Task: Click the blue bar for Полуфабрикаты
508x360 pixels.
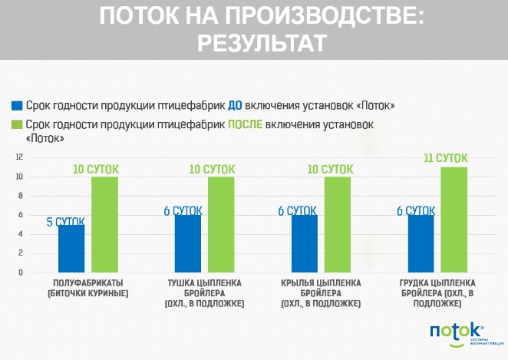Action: [x=71, y=248]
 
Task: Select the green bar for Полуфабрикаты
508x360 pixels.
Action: [x=104, y=224]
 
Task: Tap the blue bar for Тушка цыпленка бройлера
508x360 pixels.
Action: [x=187, y=243]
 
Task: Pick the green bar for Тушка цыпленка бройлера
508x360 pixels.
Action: [x=222, y=224]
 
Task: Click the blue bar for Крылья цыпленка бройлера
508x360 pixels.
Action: [x=304, y=243]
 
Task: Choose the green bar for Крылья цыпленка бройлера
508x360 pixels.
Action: [x=338, y=224]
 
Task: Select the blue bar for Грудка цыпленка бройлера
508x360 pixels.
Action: [x=421, y=243]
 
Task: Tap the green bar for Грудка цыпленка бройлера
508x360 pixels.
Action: [x=454, y=220]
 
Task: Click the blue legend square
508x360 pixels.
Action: [x=16, y=105]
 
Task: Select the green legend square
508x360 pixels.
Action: [x=16, y=124]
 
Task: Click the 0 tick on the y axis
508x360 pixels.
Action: [x=21, y=272]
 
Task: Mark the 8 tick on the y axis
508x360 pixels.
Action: [x=21, y=196]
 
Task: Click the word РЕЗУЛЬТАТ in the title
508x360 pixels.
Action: [x=261, y=43]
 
